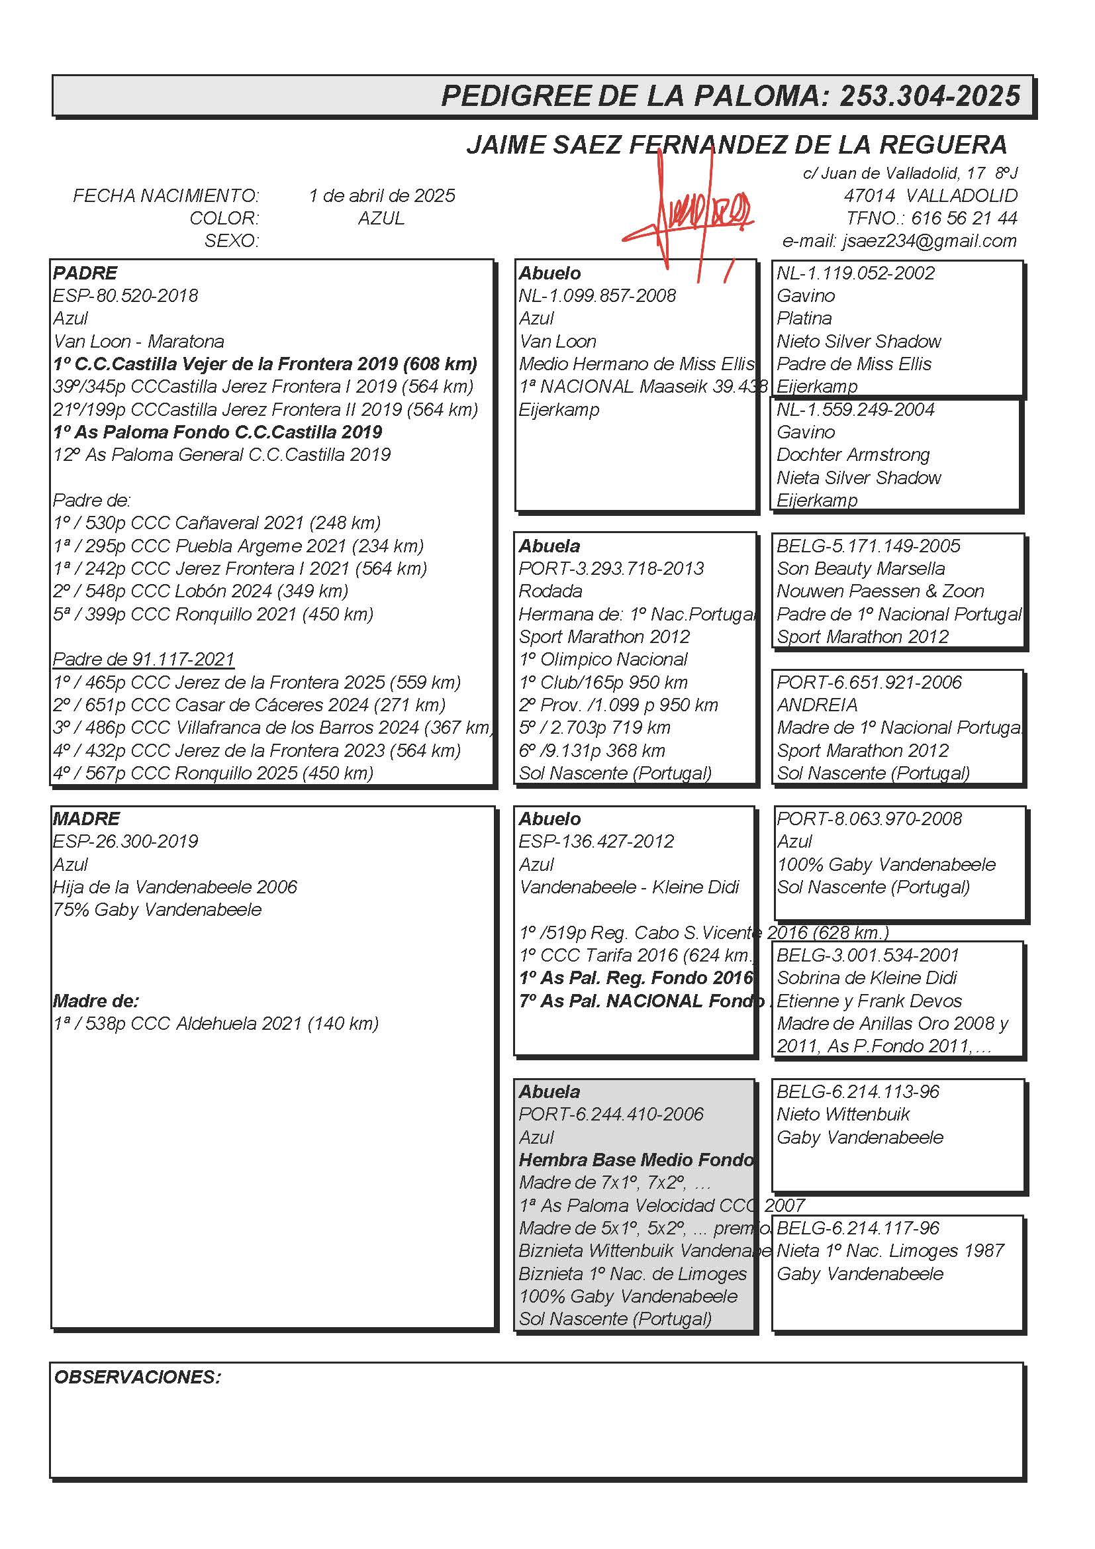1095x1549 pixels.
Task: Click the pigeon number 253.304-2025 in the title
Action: (929, 96)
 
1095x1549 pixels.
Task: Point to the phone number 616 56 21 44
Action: (963, 219)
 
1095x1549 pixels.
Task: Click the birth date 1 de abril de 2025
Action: (381, 195)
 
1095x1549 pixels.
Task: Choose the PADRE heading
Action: (85, 274)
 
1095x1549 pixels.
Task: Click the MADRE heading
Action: (86, 819)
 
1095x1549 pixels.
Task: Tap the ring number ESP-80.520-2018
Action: (125, 296)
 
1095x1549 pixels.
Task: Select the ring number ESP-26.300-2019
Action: (125, 842)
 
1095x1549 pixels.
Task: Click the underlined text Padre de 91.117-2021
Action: (144, 659)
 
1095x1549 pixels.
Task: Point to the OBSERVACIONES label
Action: (138, 1377)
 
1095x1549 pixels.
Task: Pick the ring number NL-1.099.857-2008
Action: (596, 296)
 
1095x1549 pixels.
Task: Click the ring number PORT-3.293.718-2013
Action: (611, 569)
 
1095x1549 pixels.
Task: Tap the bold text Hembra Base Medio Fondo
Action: (636, 1160)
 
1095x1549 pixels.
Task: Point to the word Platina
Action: (804, 319)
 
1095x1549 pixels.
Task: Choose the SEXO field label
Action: (231, 241)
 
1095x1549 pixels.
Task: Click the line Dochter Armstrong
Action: (853, 455)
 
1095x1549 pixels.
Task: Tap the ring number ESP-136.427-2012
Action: (596, 842)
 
